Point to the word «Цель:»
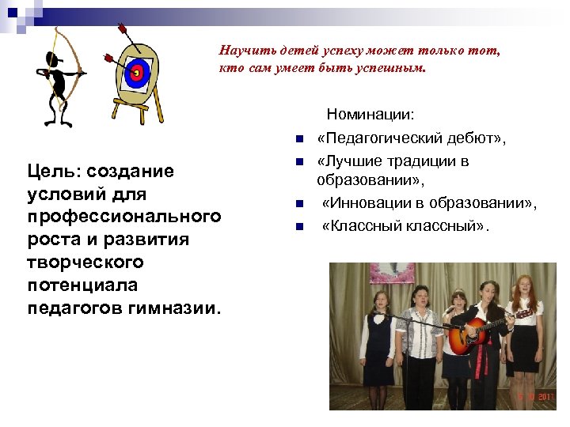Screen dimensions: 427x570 (x=54, y=172)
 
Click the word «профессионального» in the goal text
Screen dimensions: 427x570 (x=123, y=216)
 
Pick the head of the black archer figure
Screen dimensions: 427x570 (x=52, y=59)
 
